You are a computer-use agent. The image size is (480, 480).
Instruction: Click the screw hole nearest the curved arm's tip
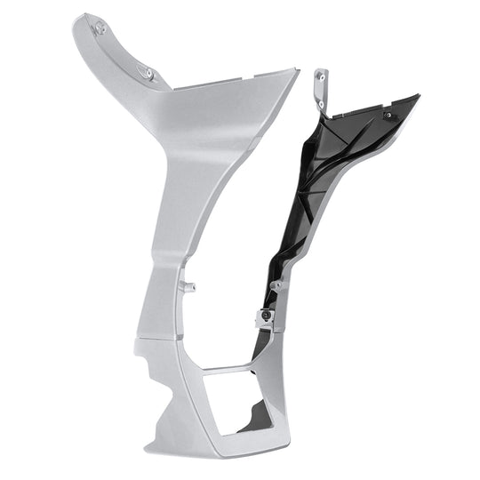pos(100,28)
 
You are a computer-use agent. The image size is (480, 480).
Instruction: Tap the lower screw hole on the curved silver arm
pos(148,73)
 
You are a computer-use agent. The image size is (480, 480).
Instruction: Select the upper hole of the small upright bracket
pos(320,76)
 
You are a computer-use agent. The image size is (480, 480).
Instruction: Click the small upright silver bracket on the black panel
pos(321,89)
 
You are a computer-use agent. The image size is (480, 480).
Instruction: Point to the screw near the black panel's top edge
pos(388,115)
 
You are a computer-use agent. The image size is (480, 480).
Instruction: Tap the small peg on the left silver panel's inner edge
pos(188,286)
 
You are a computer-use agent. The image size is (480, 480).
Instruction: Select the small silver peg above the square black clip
pos(277,284)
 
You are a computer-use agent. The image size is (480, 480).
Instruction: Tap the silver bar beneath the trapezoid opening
pos(222,442)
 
